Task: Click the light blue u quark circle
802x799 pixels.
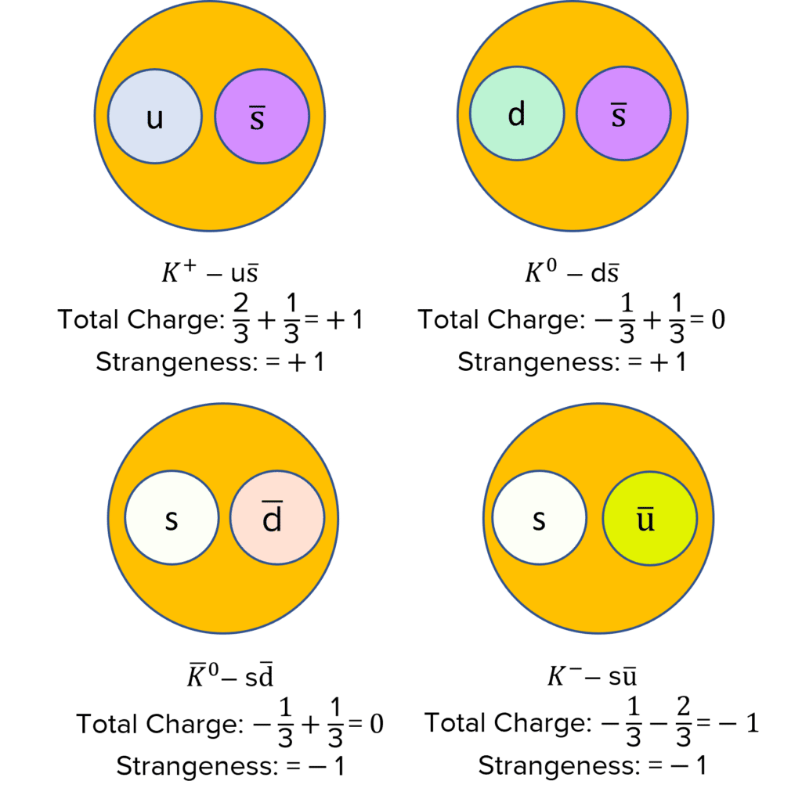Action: [154, 117]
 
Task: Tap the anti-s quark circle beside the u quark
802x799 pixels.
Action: [262, 117]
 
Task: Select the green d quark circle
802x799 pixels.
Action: [516, 114]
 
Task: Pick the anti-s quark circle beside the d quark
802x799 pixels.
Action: [623, 114]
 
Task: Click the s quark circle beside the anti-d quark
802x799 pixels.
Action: [172, 520]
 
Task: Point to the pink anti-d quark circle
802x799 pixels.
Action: [276, 520]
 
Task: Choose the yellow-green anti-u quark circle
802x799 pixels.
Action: [649, 520]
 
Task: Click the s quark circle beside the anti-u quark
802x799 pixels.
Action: [539, 520]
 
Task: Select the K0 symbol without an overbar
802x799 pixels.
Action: [539, 273]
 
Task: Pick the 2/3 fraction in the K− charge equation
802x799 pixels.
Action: [679, 723]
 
